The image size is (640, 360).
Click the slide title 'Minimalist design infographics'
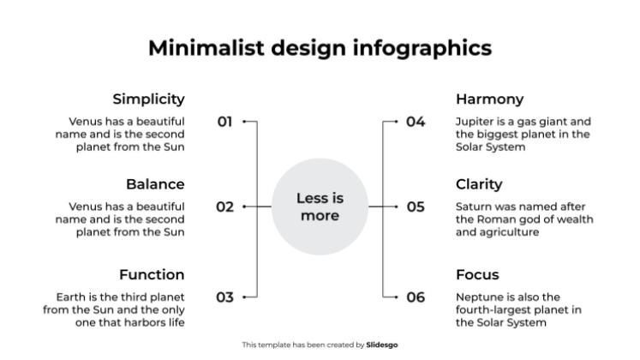pyautogui.click(x=320, y=47)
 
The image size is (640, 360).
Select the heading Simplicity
pyautogui.click(x=148, y=99)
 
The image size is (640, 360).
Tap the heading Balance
pyautogui.click(x=155, y=184)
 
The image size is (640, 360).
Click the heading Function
pyautogui.click(x=152, y=275)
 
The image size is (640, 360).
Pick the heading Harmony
pyautogui.click(x=489, y=99)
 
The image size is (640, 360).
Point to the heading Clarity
pyautogui.click(x=479, y=184)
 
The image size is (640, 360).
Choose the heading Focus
pyautogui.click(x=477, y=275)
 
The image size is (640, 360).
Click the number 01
pyautogui.click(x=224, y=122)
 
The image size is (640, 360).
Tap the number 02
pyautogui.click(x=224, y=207)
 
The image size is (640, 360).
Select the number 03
pyautogui.click(x=224, y=297)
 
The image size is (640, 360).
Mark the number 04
pyautogui.click(x=416, y=122)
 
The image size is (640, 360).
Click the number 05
pyautogui.click(x=416, y=207)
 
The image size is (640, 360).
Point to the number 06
pyautogui.click(x=416, y=297)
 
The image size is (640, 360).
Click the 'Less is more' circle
pyautogui.click(x=320, y=207)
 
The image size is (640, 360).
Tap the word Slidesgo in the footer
pyautogui.click(x=382, y=345)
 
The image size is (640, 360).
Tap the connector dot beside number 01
pyautogui.click(x=244, y=122)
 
